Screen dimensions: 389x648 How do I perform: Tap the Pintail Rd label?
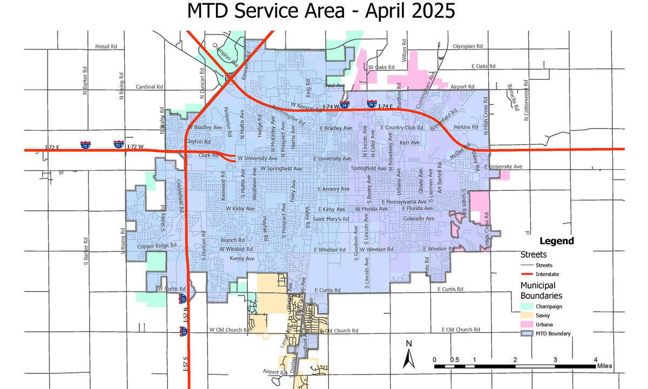pos(106,47)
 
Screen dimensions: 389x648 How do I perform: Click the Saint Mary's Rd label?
pos(331,219)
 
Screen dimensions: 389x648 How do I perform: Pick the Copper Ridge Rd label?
pos(157,246)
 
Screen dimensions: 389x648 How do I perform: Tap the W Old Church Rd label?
pos(231,330)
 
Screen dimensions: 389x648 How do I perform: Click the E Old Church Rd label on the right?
pos(461,330)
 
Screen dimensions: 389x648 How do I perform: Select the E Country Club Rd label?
pos(402,128)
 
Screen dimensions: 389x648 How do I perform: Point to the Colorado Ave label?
pos(418,218)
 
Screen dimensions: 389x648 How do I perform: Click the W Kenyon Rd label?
pos(306,107)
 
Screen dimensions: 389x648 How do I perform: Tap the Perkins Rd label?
pos(465,127)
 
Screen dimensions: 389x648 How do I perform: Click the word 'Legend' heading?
pos(557,241)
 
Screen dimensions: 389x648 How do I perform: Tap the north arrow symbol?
pos(409,357)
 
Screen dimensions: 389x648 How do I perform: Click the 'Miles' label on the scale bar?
pos(604,366)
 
